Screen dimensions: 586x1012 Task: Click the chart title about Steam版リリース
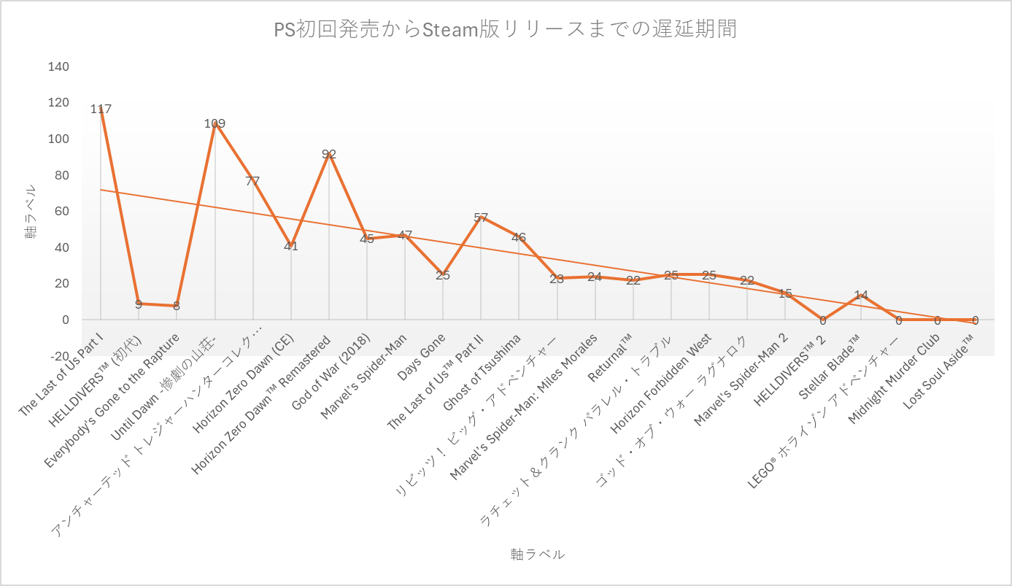coord(505,30)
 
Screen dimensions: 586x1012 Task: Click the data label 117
coord(101,109)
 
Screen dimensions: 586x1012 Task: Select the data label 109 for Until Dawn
coord(215,124)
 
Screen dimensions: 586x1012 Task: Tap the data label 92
coord(329,155)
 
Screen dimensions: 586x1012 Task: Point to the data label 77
coord(252,182)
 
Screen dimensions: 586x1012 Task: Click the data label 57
coord(481,218)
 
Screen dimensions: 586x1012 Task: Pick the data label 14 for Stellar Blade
coord(861,296)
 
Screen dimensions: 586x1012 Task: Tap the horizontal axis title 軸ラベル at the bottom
coord(537,555)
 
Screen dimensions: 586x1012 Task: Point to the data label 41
coord(291,247)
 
